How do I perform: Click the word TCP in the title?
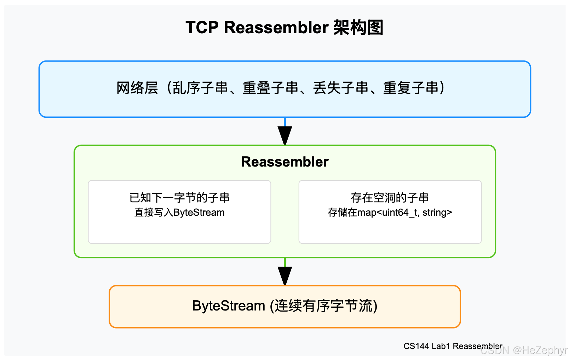click(x=202, y=28)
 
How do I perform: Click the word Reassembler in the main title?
click(x=276, y=28)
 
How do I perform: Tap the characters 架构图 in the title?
click(x=358, y=28)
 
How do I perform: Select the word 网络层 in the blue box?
click(x=137, y=88)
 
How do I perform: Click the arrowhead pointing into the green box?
click(x=285, y=135)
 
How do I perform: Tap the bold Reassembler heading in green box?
click(x=285, y=162)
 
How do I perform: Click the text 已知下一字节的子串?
click(x=179, y=198)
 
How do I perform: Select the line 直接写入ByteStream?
click(x=179, y=213)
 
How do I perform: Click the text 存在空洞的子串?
click(x=390, y=198)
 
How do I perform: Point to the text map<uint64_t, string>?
click(x=405, y=213)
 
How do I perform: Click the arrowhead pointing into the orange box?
click(x=285, y=275)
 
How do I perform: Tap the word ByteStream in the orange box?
click(x=229, y=306)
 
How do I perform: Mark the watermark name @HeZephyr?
click(x=540, y=350)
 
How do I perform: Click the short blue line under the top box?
click(x=285, y=122)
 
